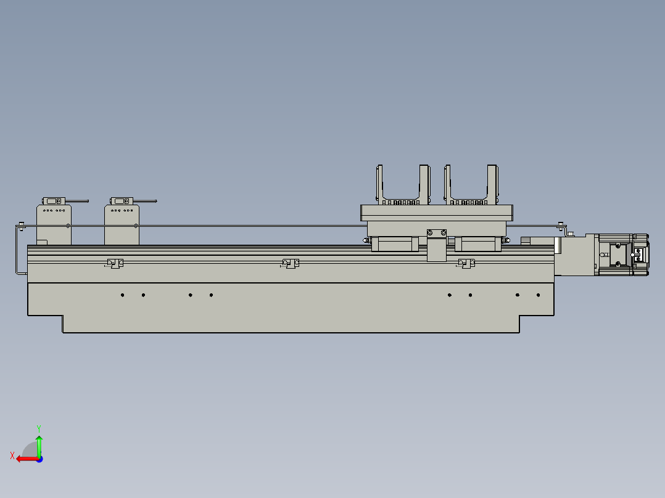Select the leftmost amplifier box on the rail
54,225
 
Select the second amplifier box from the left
122,225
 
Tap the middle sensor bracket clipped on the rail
290,263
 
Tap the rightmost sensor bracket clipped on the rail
466,263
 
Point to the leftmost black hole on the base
123,295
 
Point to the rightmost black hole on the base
538,295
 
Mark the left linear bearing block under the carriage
392,244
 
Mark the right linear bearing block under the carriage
477,244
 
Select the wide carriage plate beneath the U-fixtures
436,213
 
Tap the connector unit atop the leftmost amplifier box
54,201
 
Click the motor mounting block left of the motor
575,255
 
